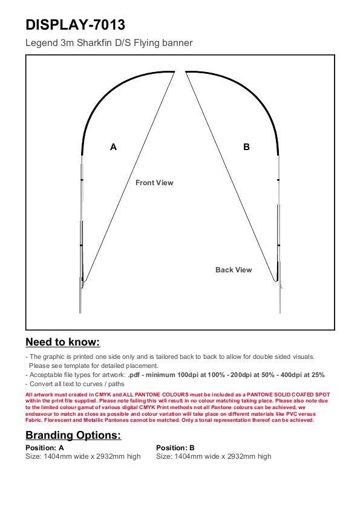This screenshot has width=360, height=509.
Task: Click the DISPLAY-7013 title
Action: tap(75, 25)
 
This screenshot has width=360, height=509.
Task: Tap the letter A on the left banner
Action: tap(113, 147)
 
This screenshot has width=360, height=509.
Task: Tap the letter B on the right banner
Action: tap(246, 147)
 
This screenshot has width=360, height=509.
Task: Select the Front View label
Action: tap(154, 183)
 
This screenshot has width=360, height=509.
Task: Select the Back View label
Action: tap(234, 270)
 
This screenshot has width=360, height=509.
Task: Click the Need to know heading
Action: tap(63, 342)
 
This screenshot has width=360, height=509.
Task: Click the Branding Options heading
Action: tap(73, 435)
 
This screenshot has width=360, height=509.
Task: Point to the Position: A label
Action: tap(45, 448)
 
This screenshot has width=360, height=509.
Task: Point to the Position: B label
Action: tap(175, 448)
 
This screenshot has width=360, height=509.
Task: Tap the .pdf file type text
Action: tap(134, 375)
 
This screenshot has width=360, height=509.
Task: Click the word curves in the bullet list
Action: tap(92, 384)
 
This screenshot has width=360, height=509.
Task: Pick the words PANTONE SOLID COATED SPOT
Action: tap(288, 395)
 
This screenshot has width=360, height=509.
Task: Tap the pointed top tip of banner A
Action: tap(175, 71)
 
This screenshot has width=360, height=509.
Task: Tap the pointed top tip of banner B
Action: tap(186, 71)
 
